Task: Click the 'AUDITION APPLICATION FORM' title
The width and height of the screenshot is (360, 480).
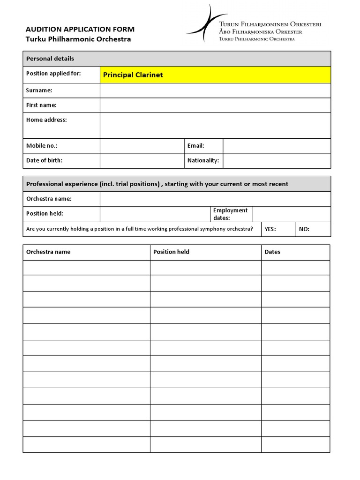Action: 80,29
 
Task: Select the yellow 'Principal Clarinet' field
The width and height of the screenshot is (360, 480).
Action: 215,75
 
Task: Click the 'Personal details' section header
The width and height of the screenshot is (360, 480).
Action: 50,59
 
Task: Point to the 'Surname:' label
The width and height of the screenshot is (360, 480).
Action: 39,90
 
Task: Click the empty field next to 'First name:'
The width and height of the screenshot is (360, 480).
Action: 215,105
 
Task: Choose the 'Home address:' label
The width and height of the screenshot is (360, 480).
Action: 46,120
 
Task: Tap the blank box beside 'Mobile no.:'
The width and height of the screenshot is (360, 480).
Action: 142,146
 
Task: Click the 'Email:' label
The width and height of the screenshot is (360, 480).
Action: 196,146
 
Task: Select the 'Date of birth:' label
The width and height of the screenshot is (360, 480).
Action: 45,160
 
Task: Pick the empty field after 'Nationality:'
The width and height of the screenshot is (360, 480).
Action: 277,160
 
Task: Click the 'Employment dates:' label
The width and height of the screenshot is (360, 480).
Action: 230,214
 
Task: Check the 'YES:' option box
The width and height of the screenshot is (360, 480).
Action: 279,229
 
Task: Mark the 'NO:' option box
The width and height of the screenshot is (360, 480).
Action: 314,229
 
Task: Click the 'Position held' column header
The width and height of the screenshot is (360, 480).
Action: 172,252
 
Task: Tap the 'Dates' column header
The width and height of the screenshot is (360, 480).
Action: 272,252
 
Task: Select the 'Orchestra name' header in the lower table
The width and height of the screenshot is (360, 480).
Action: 48,252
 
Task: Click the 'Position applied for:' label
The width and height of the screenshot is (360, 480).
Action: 53,74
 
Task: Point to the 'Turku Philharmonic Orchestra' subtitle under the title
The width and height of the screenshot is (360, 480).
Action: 78,39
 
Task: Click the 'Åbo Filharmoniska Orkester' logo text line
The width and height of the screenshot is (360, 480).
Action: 261,32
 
